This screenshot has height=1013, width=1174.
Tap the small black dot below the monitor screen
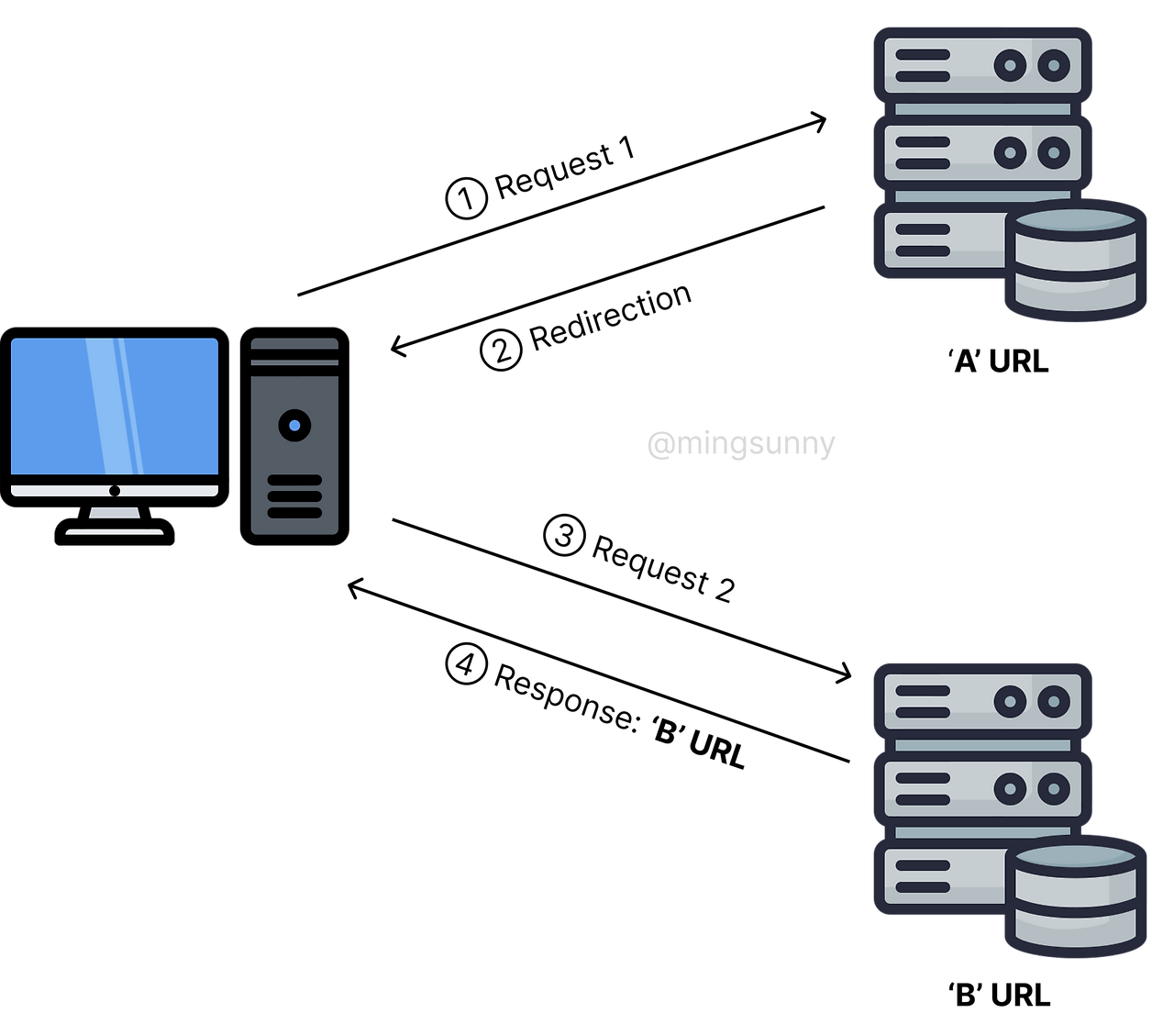coord(115,491)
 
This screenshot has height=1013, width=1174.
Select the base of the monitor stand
coord(115,531)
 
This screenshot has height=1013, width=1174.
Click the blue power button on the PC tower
coord(294,426)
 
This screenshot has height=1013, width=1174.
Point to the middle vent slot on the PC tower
coord(294,496)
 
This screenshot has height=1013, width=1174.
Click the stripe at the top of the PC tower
coord(294,362)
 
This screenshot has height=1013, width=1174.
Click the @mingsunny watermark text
coord(741,445)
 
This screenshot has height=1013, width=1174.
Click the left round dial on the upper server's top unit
coord(1010,65)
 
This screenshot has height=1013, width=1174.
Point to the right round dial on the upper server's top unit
coord(1054,65)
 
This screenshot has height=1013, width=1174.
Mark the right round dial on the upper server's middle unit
coord(1054,152)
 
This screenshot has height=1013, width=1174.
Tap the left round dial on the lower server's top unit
coord(1010,702)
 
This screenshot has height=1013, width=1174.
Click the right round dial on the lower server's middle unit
coord(1054,788)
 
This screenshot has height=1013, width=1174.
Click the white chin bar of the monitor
coord(55,491)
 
